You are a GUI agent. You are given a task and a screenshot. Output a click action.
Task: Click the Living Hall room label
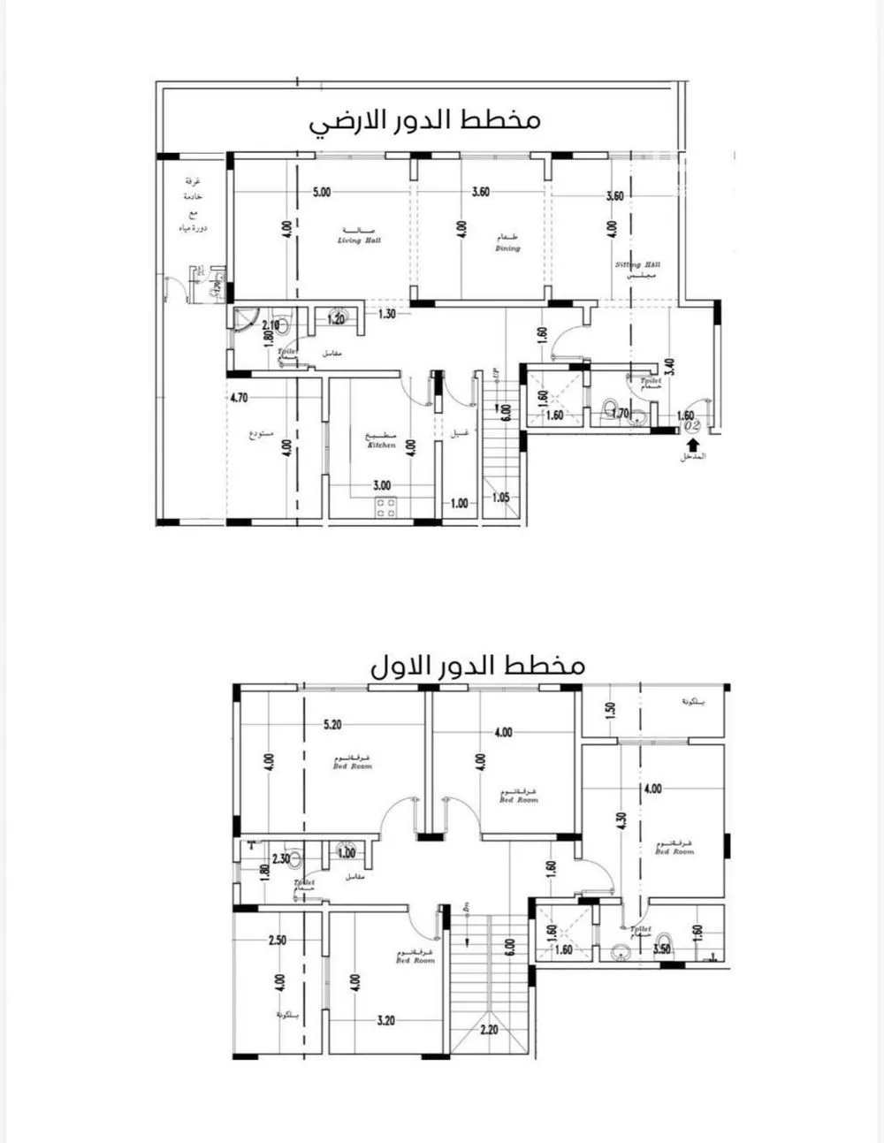[358, 240]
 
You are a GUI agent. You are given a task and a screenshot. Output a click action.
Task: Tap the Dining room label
[507, 248]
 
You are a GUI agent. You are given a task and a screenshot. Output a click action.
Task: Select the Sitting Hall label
[637, 264]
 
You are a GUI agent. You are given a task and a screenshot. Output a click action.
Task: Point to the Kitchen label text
[381, 446]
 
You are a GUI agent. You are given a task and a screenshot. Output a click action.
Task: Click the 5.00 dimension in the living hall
[321, 192]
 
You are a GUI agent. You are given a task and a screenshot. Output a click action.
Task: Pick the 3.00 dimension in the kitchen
[381, 485]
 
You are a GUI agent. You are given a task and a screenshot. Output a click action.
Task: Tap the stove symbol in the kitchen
[386, 507]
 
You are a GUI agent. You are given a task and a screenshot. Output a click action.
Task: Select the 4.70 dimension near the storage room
[238, 398]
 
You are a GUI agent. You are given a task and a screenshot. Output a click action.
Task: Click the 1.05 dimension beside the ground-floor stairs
[500, 497]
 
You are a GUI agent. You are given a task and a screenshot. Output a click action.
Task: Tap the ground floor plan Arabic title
[424, 119]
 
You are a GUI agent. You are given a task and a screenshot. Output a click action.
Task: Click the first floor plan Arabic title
[477, 666]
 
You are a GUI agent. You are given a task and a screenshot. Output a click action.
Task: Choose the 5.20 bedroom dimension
[332, 725]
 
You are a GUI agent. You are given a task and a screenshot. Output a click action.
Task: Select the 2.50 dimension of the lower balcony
[277, 941]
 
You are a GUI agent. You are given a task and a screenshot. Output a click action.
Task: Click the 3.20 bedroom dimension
[385, 1020]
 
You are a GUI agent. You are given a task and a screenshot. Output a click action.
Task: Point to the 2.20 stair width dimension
[489, 1030]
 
